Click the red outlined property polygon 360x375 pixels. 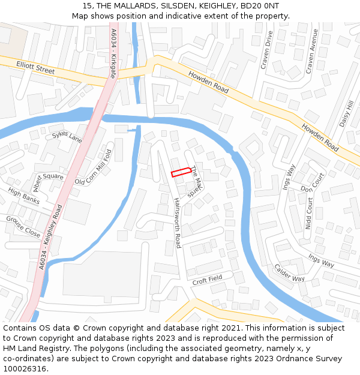[x=181, y=173]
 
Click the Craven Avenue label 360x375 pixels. [x=311, y=52]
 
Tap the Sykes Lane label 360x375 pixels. [x=67, y=137]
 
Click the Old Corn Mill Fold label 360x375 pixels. [x=93, y=167]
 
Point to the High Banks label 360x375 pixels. [x=24, y=196]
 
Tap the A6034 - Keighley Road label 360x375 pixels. [x=50, y=236]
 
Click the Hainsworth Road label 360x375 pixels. [x=178, y=224]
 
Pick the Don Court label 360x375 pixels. [x=312, y=184]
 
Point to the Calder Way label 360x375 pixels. [x=289, y=273]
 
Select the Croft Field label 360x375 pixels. [x=208, y=279]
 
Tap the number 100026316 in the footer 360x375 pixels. [x=25, y=368]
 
